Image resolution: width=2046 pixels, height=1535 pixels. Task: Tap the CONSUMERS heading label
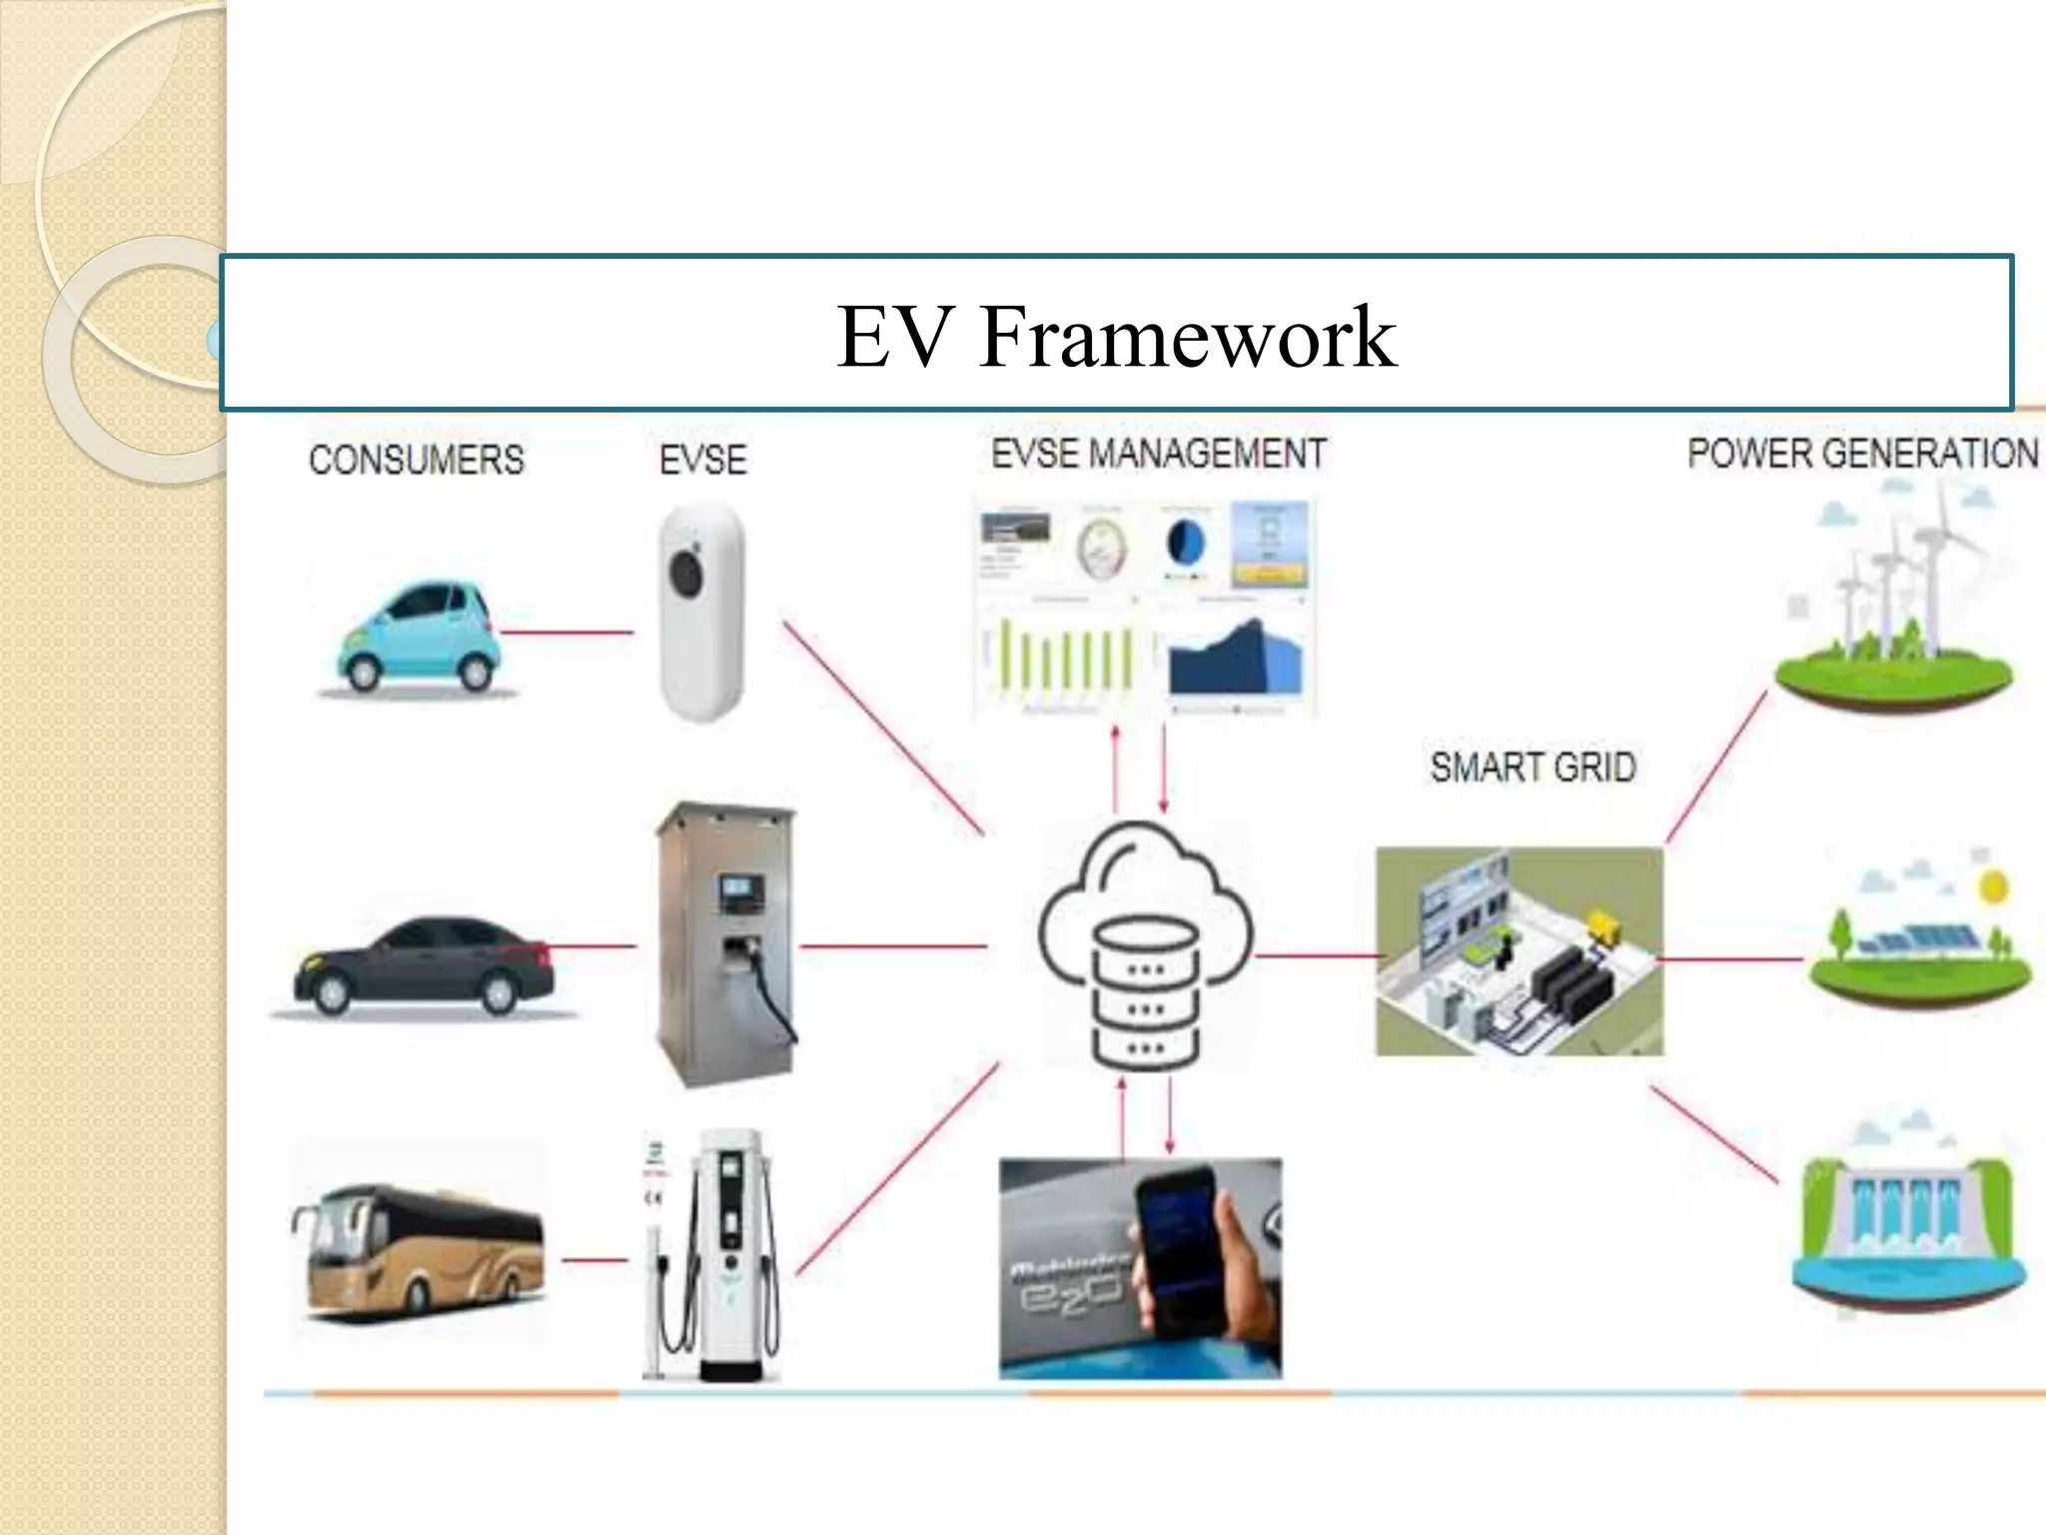tap(416, 460)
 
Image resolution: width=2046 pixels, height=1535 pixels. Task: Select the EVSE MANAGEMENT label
tap(1158, 454)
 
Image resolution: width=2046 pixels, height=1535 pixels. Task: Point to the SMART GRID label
tap(1533, 767)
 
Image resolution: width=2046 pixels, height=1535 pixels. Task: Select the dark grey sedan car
tap(422, 965)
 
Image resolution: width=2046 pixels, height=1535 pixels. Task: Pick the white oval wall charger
tap(702, 612)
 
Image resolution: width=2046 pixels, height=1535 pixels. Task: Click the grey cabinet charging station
tap(725, 943)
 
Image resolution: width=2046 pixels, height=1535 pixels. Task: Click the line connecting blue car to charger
tap(565, 633)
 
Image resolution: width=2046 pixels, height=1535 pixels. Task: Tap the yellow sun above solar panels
tap(1992, 886)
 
